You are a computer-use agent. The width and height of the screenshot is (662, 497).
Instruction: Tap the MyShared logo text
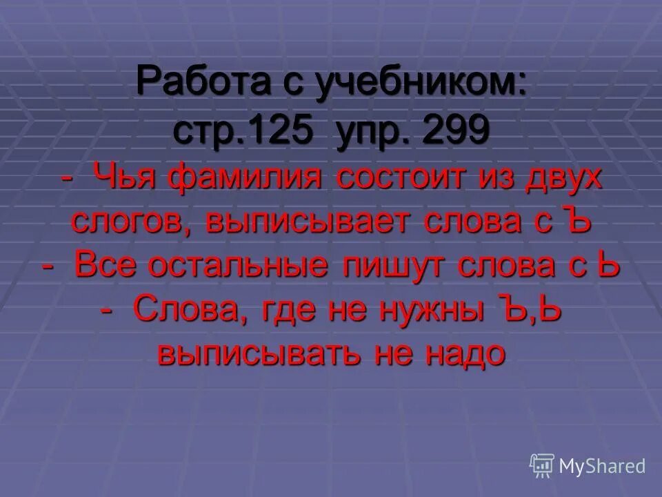pyautogui.click(x=603, y=466)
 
